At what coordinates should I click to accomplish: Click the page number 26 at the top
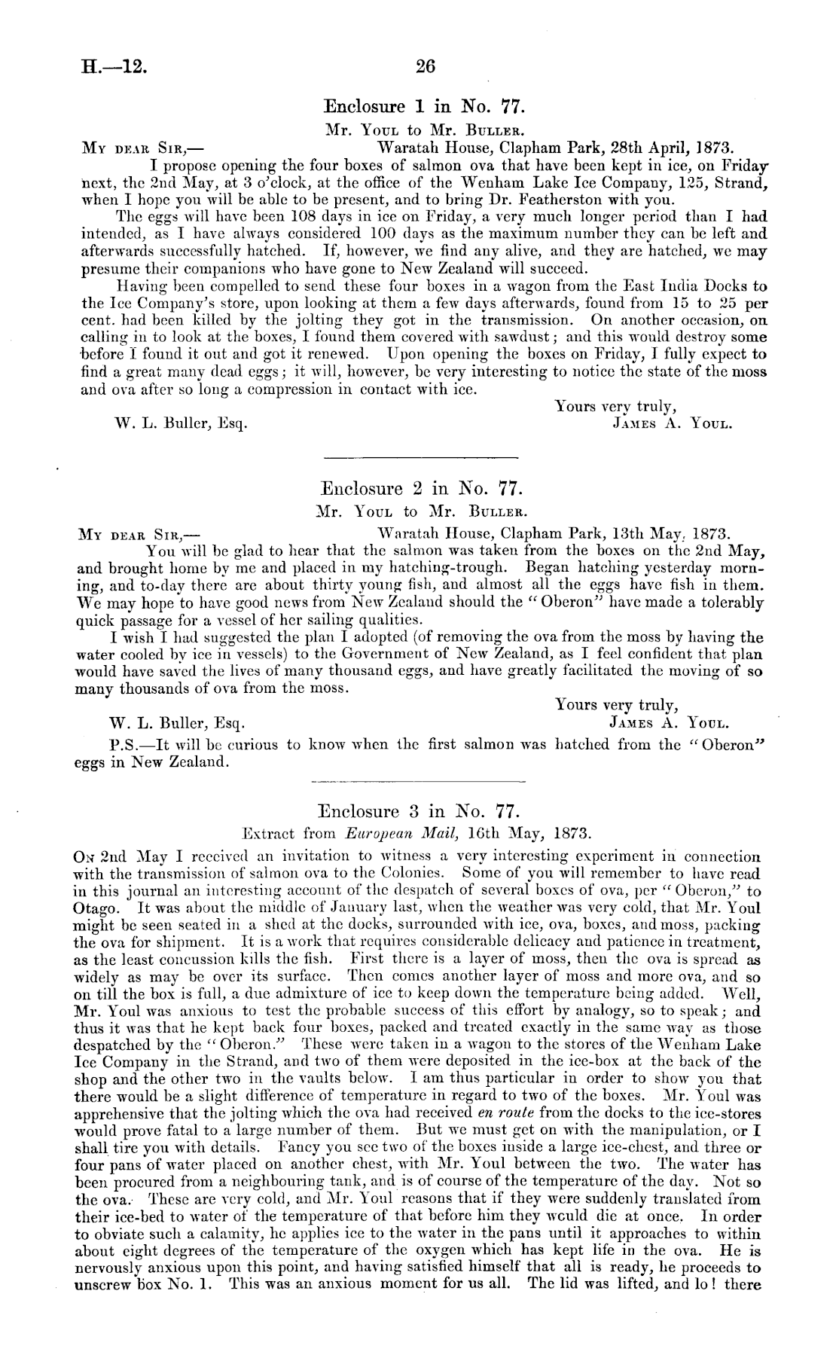pos(426,66)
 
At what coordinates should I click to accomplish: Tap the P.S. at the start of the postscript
pos(122,745)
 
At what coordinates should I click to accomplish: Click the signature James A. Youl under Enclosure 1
pos(673,423)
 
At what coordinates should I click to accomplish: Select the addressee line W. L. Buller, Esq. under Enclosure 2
pos(178,725)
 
